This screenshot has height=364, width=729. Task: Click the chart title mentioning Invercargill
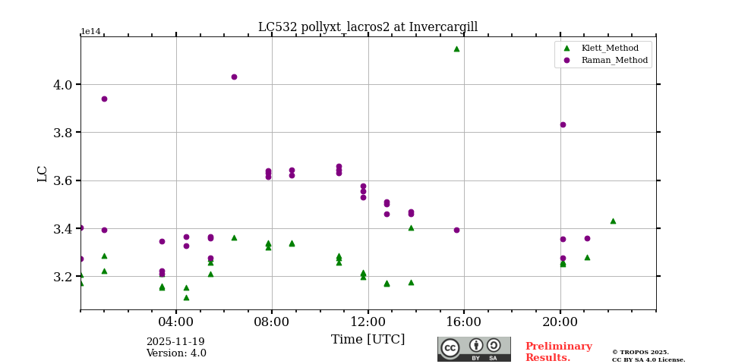click(368, 27)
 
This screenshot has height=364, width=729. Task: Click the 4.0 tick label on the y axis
click(63, 85)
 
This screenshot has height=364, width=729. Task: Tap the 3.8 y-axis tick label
click(63, 133)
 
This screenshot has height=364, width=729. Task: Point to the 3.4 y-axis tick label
click(63, 229)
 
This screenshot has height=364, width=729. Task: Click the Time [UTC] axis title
click(368, 340)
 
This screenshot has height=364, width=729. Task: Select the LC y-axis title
click(43, 174)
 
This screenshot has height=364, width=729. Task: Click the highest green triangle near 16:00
click(456, 49)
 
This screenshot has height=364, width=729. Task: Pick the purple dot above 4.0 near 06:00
click(234, 77)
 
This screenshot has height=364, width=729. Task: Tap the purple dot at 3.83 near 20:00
click(563, 124)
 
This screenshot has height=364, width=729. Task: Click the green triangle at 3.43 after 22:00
click(613, 221)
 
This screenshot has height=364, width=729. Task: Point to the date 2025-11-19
click(175, 342)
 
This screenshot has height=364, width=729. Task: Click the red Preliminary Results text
click(558, 352)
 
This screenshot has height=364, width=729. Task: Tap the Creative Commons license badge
click(474, 349)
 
